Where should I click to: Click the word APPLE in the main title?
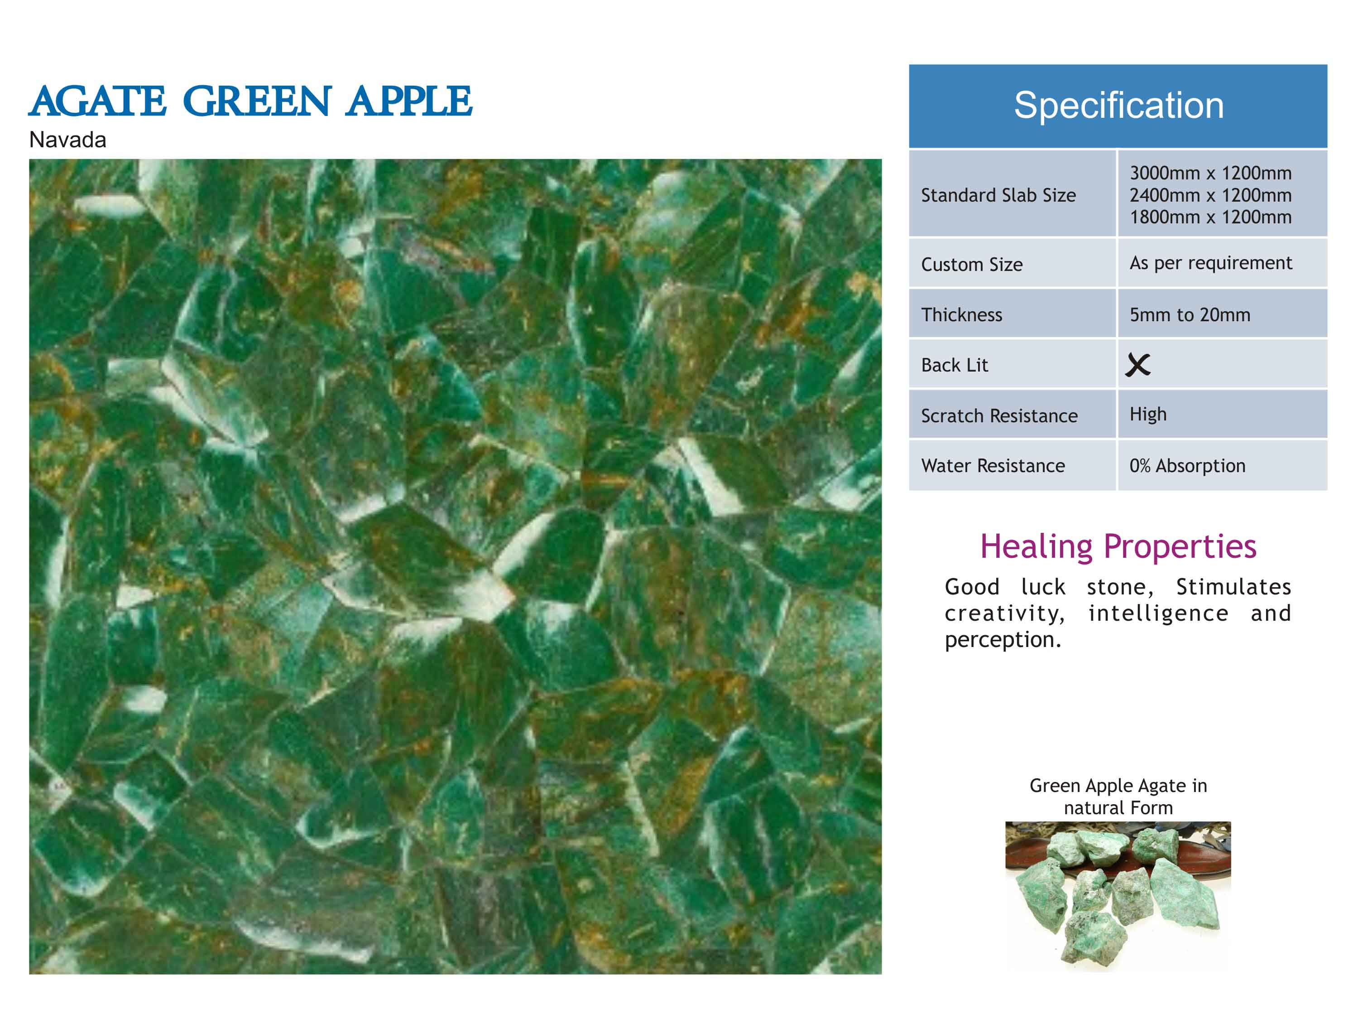point(409,101)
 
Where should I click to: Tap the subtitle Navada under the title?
point(67,140)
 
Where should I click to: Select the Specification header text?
point(1118,105)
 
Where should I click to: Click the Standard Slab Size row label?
point(998,195)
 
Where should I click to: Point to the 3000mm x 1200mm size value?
point(1211,173)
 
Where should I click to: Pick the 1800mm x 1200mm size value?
point(1211,217)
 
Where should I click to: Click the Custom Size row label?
point(972,264)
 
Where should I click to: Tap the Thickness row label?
point(961,314)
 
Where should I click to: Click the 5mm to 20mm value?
point(1190,314)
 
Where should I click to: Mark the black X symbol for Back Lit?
point(1137,365)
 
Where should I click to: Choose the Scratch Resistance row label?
point(999,416)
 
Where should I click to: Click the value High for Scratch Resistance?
point(1148,415)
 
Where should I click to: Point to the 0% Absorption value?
point(1187,466)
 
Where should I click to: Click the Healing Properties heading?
point(1118,546)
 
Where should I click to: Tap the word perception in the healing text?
point(1003,640)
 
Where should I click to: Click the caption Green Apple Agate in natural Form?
point(1118,796)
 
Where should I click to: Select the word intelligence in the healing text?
point(1158,613)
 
